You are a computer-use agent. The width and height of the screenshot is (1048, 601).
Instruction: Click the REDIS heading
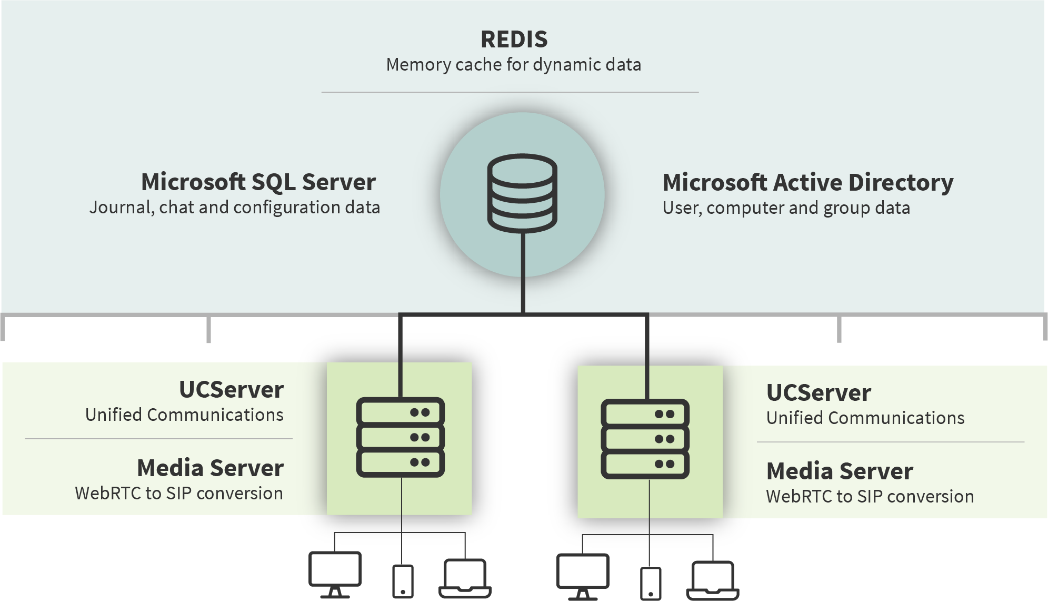pyautogui.click(x=514, y=40)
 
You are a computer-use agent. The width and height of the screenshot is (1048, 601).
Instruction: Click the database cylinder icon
pyautogui.click(x=522, y=193)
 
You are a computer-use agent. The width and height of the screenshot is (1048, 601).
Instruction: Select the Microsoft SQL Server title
pyautogui.click(x=258, y=182)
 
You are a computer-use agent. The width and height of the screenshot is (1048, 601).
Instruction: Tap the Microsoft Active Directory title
pyautogui.click(x=807, y=183)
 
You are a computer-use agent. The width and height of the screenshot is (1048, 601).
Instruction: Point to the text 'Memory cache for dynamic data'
pyautogui.click(x=514, y=65)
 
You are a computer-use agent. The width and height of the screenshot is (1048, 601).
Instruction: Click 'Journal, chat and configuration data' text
pyautogui.click(x=235, y=208)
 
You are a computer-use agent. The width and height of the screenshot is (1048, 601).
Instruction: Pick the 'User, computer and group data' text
pyautogui.click(x=786, y=208)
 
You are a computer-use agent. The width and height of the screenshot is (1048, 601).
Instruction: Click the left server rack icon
pyautogui.click(x=401, y=437)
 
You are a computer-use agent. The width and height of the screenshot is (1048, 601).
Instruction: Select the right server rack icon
pyautogui.click(x=645, y=439)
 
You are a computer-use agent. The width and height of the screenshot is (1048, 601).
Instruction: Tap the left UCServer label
pyautogui.click(x=231, y=390)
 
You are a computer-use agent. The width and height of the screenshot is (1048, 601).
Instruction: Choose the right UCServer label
pyautogui.click(x=819, y=393)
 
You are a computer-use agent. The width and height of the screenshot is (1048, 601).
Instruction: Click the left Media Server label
pyautogui.click(x=210, y=468)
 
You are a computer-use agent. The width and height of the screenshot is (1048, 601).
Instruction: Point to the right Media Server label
pyautogui.click(x=840, y=471)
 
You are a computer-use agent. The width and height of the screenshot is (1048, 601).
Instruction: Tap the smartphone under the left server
pyautogui.click(x=403, y=582)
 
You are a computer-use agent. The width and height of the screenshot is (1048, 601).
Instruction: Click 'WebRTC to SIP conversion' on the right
pyautogui.click(x=870, y=497)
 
